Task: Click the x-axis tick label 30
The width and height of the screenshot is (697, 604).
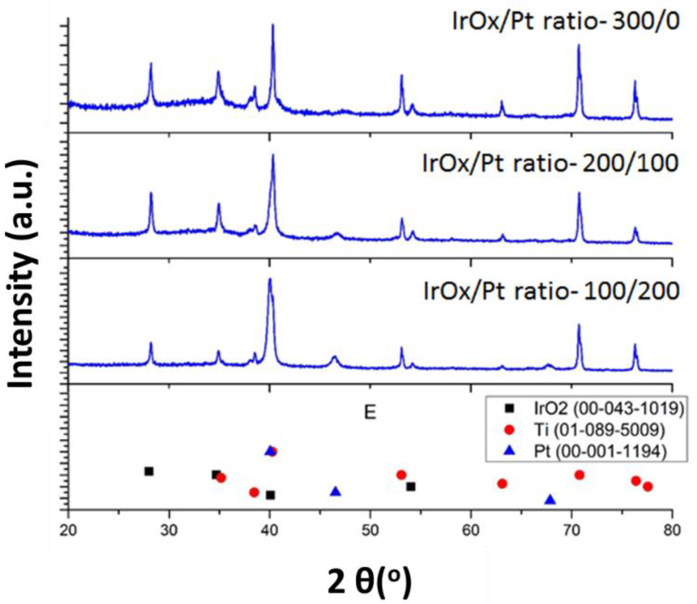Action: [169, 530]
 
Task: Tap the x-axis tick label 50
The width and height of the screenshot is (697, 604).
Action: [370, 530]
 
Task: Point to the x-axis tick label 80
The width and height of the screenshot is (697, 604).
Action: [671, 530]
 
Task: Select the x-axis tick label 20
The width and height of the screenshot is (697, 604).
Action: [68, 530]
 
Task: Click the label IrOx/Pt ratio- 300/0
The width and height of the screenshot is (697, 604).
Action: [565, 21]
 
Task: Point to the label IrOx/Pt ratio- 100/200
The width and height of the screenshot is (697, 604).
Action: [551, 291]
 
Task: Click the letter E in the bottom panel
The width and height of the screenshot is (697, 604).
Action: [370, 412]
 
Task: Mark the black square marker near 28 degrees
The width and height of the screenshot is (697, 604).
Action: [149, 471]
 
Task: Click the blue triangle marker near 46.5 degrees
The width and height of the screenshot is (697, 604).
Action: [335, 492]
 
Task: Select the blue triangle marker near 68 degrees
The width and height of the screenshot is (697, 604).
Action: [550, 500]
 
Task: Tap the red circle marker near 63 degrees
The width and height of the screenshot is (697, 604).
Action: [502, 484]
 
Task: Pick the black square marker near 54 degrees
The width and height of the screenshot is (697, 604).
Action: [411, 487]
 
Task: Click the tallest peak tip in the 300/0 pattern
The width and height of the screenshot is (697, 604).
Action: [273, 25]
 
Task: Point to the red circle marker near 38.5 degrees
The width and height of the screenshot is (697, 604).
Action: [254, 492]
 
